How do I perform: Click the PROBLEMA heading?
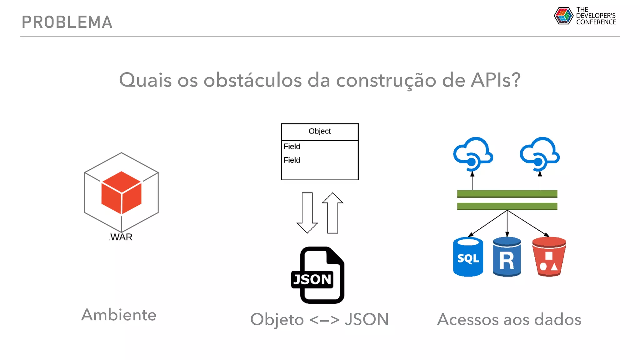coord(67,22)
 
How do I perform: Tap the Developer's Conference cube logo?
coord(563,16)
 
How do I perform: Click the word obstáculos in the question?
coord(252,80)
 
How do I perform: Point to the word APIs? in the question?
coord(496,80)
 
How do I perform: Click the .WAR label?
coord(121,237)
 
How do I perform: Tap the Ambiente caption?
coord(119,315)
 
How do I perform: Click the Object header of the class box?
coord(320,131)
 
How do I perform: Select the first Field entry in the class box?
coord(292,146)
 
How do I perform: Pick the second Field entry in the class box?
coord(292,160)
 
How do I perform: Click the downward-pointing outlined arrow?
coord(307,212)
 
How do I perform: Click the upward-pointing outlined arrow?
coord(332,212)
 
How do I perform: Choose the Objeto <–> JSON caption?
coord(319,319)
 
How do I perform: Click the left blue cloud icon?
coord(473,153)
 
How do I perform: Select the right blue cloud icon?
coord(540,153)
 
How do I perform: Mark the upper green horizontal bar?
coord(507,194)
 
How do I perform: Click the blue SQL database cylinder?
coord(468,257)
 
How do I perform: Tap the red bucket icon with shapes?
coord(549,257)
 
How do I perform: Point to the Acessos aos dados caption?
coord(509,319)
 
